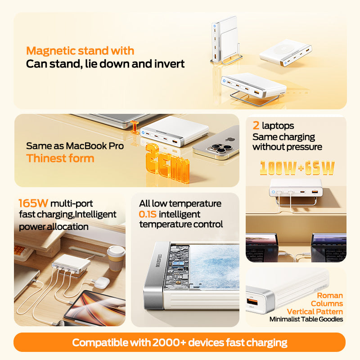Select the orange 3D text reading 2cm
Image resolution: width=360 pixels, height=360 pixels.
(x=167, y=163)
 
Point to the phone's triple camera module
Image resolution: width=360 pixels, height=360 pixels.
(x=221, y=148)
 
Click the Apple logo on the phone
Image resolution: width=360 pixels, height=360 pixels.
(x=230, y=139)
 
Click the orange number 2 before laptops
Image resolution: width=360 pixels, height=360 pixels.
(x=256, y=126)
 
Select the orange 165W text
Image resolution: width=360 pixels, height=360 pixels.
(x=33, y=203)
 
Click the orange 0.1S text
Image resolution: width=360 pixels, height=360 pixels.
(x=148, y=214)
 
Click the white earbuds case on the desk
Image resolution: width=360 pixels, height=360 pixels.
(x=101, y=283)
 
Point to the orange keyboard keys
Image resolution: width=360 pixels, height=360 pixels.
(x=19, y=250)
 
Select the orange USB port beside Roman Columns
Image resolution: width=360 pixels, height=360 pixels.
(x=252, y=301)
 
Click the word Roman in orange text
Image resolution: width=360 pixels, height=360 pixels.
(x=330, y=296)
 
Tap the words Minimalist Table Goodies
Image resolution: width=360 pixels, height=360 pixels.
(x=306, y=319)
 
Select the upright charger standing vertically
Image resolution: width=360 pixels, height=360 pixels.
(x=225, y=40)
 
